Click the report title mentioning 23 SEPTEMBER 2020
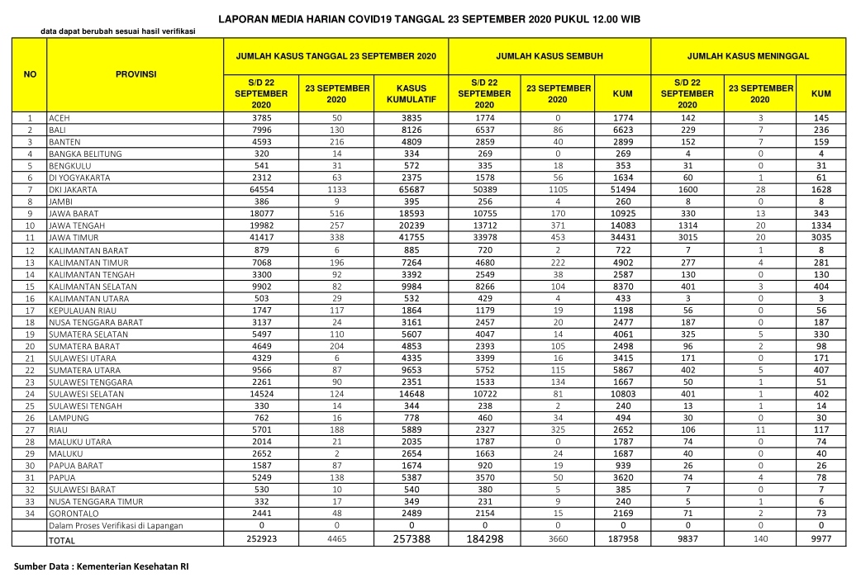(429, 17)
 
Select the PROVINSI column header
(136, 74)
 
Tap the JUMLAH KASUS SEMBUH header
(549, 56)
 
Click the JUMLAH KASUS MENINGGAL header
(748, 56)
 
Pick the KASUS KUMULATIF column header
(411, 93)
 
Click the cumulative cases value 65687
(411, 190)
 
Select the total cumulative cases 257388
(411, 538)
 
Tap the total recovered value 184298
(484, 538)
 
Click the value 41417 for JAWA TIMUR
(261, 238)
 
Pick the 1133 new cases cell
(335, 190)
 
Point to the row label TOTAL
(62, 541)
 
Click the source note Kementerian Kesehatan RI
(102, 568)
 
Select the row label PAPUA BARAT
(74, 466)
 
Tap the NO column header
(30, 74)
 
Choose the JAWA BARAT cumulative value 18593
(411, 214)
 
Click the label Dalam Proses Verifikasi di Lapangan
(116, 526)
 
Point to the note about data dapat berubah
(118, 31)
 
